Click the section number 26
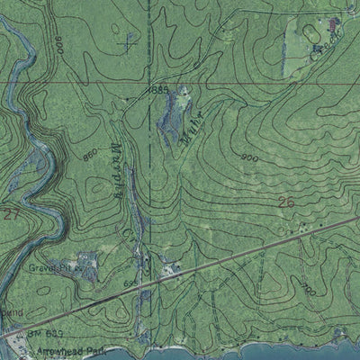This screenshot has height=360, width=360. (x=286, y=202)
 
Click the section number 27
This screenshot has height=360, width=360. (x=11, y=216)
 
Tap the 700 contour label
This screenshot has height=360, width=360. (x=309, y=290)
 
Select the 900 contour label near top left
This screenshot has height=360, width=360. (x=58, y=42)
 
